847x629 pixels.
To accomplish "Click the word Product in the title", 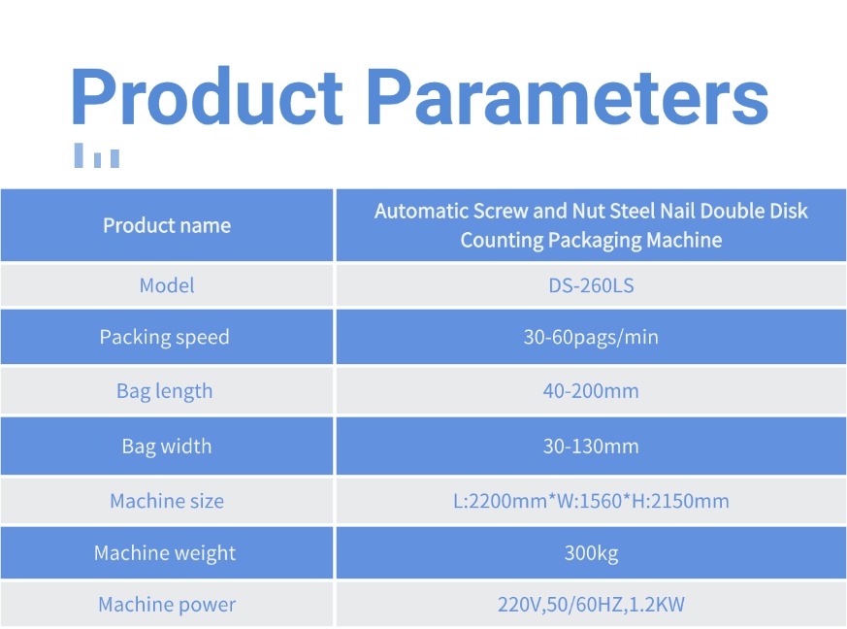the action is (x=207, y=96).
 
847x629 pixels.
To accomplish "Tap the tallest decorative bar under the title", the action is (x=79, y=155).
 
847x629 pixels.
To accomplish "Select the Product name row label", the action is (x=167, y=225).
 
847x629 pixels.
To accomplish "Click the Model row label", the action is (x=167, y=285).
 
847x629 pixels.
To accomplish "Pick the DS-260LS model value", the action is (x=591, y=285).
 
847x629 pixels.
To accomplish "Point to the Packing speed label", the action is (x=165, y=337).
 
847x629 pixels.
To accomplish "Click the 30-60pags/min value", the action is (x=591, y=337).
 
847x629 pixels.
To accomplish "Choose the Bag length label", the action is (x=165, y=391).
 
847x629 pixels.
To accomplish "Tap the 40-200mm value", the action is (x=591, y=390).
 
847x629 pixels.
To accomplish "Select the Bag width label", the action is (x=167, y=447).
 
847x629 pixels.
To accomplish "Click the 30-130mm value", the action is (x=591, y=447).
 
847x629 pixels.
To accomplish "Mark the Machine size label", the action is (x=167, y=501).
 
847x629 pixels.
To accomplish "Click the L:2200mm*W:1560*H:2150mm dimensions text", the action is (x=591, y=501).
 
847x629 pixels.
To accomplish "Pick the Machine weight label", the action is (x=165, y=553).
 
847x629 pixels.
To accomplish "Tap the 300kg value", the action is (x=591, y=553).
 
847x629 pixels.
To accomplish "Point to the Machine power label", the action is (x=167, y=605).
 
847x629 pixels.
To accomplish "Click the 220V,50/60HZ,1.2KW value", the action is (x=591, y=604).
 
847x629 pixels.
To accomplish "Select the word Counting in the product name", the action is (x=502, y=241).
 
